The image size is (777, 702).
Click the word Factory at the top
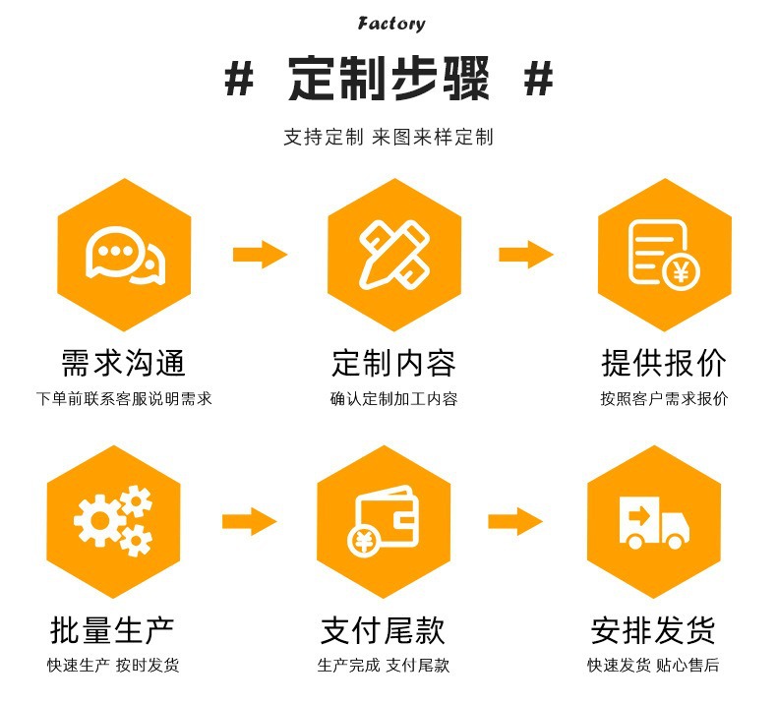(391, 23)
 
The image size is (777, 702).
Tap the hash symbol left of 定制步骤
(239, 80)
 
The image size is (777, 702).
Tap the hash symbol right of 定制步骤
(538, 80)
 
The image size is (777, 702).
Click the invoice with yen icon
(660, 254)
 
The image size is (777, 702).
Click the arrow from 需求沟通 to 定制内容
(260, 255)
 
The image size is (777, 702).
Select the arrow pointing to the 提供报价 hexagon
(526, 255)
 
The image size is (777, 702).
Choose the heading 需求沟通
(124, 363)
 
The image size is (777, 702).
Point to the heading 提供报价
(664, 363)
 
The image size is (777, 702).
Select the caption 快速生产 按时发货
(114, 666)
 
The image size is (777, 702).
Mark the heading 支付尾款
(384, 629)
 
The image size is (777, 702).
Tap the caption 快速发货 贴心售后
(653, 666)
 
